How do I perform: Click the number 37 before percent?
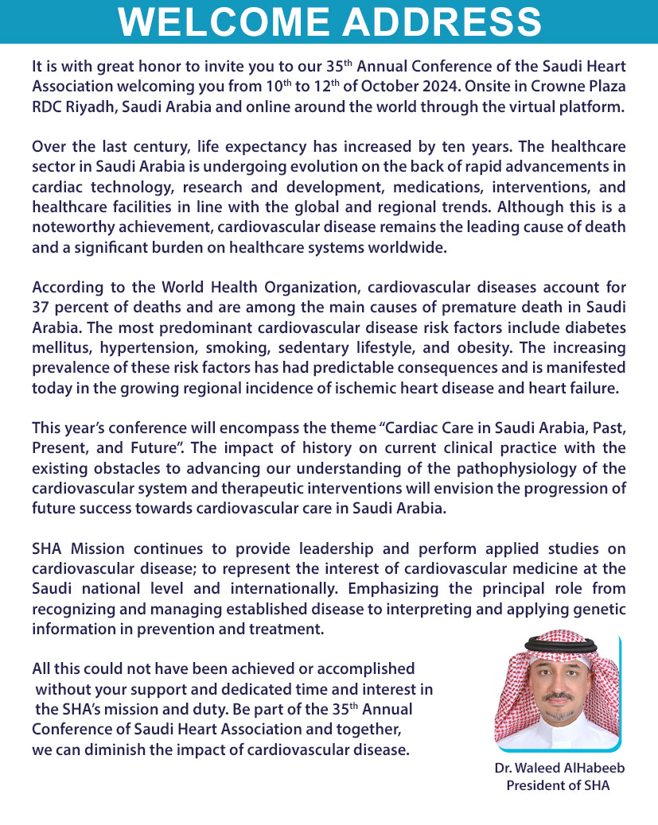[41, 307]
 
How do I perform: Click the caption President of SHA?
[558, 786]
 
